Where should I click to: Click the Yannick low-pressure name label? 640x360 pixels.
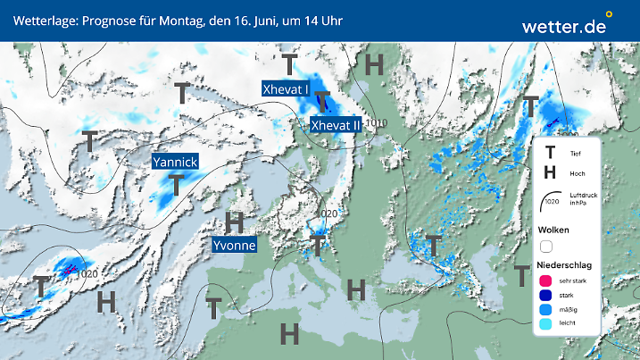(x=174, y=163)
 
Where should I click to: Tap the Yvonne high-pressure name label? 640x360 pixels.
(x=235, y=245)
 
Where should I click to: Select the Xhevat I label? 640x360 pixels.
(x=286, y=88)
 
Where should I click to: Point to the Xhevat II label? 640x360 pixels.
(x=335, y=126)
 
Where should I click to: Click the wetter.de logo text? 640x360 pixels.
(x=564, y=27)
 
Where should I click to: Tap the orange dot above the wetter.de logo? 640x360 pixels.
(x=609, y=14)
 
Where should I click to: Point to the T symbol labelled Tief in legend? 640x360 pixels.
(x=550, y=153)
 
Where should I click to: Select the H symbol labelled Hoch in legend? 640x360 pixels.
(x=550, y=172)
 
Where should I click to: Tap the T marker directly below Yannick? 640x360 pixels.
(x=177, y=185)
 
